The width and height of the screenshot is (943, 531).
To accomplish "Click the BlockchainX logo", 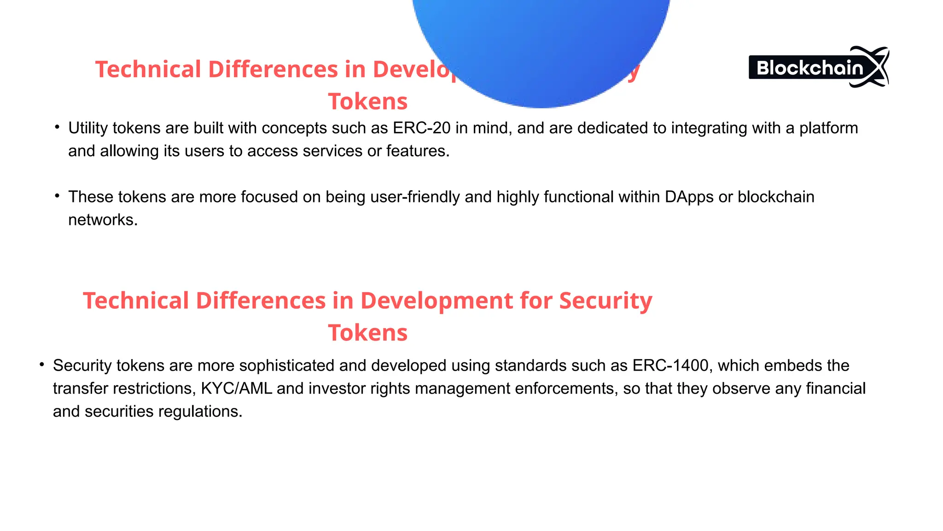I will click(818, 67).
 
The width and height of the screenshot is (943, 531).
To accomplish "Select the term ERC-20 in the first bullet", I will click(421, 128).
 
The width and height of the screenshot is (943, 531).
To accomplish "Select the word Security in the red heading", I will click(605, 301).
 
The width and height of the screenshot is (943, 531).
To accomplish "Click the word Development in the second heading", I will click(437, 301).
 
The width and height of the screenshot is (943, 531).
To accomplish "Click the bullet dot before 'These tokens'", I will click(57, 196).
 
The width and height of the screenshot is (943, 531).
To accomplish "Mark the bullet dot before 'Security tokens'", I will click(42, 365).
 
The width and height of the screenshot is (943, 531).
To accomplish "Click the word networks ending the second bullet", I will click(102, 220).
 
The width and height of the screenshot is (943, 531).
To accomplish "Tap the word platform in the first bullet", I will click(828, 128).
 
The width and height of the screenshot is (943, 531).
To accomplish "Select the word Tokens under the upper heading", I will click(367, 102).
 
